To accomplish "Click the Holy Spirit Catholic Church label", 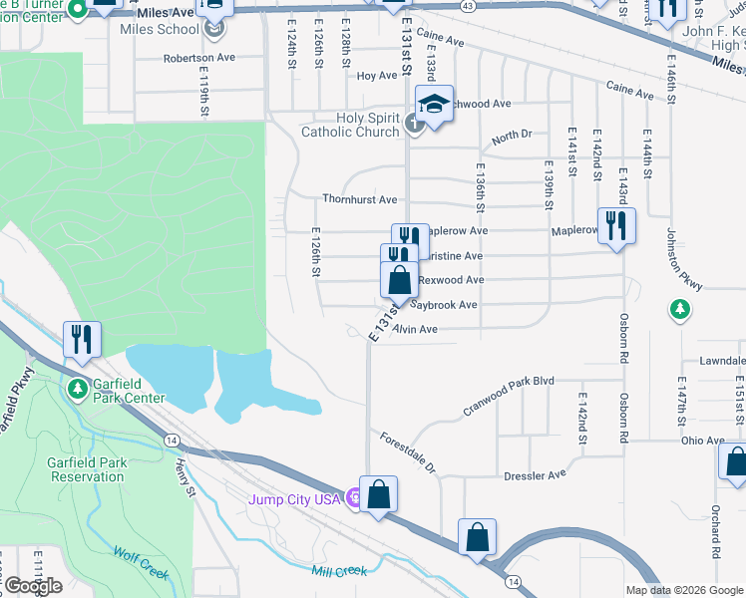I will (351, 125).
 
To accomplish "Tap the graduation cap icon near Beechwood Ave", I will (434, 106).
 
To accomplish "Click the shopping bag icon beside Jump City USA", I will (378, 494).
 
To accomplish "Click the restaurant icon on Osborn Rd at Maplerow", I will (616, 226).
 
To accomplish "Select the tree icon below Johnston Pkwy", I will (680, 310).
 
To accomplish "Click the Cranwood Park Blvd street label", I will (507, 395).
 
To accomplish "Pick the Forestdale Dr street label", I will (408, 451).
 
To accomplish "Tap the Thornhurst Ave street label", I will (359, 199).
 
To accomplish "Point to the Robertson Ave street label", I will (199, 58).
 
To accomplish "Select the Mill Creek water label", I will (338, 571).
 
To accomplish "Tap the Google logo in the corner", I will (32, 586).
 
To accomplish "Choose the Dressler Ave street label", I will (535, 475).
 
